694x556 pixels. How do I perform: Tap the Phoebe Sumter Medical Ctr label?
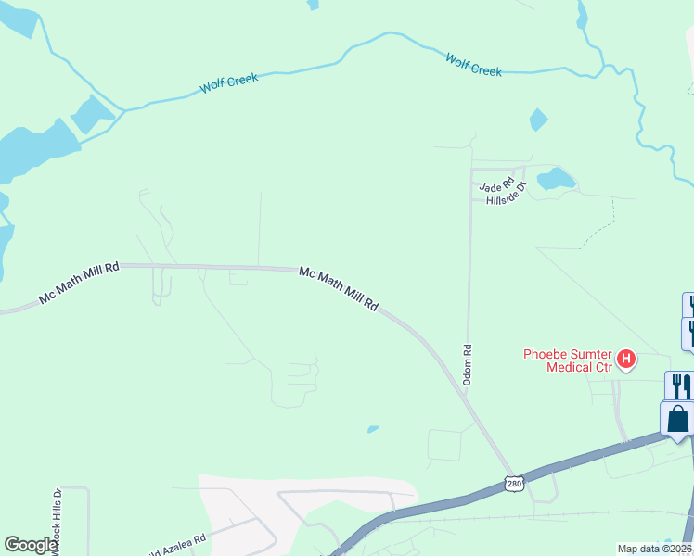point(568,360)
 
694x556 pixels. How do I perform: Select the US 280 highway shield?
point(515,484)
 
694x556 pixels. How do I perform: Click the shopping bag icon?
point(678,419)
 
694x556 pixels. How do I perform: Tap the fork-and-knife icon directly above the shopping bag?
point(678,385)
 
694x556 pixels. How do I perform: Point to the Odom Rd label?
point(469,366)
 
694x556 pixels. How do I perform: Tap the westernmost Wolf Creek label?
point(229,84)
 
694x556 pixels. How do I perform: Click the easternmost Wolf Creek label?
point(473,65)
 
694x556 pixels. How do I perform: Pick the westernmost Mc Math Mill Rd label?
point(80,284)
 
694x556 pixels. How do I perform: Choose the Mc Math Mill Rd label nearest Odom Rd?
point(339,288)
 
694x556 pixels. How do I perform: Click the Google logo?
point(31,545)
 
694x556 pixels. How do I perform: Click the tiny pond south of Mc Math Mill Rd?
point(372,429)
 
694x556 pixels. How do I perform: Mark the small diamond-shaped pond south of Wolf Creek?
point(538,120)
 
